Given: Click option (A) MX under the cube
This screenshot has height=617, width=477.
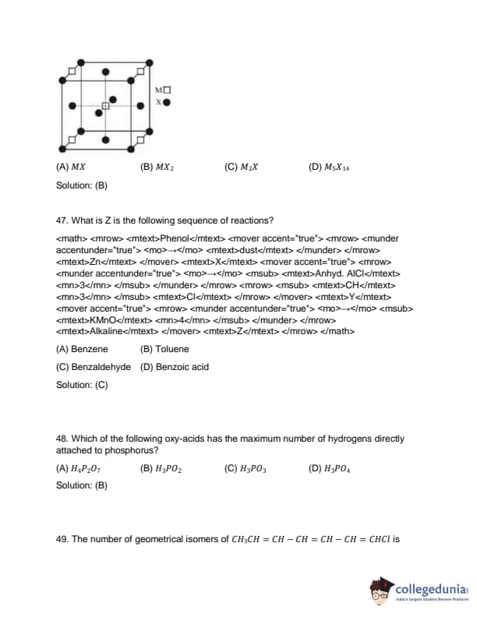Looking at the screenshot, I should [x=71, y=167].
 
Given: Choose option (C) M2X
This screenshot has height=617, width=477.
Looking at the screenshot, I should [x=241, y=167].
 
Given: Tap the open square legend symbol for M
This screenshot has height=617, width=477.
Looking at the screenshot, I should [x=167, y=90].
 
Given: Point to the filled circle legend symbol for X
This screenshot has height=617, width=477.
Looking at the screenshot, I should [x=167, y=101].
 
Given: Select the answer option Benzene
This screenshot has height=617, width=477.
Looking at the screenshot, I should [x=82, y=349].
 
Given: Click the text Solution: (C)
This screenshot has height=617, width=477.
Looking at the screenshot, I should [x=82, y=385].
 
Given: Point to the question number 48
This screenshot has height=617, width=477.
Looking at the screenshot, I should [x=62, y=439].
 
